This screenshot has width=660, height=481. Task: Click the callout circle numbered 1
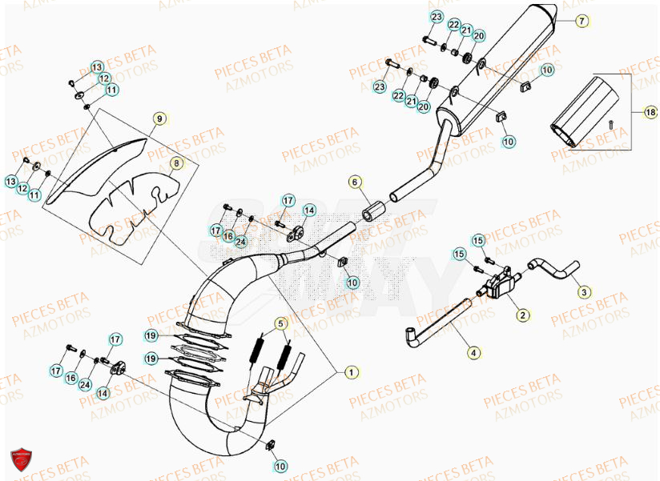click(x=349, y=372)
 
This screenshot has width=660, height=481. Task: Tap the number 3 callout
click(x=584, y=293)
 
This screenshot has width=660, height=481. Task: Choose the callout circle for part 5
click(x=280, y=324)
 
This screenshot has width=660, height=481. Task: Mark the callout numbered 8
click(x=175, y=164)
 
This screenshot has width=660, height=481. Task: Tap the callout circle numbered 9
click(x=159, y=119)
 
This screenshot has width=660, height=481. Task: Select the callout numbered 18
click(x=650, y=113)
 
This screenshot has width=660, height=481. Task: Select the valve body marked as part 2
click(x=498, y=283)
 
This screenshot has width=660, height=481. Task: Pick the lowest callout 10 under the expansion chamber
click(x=280, y=465)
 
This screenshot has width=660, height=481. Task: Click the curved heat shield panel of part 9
click(x=96, y=169)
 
